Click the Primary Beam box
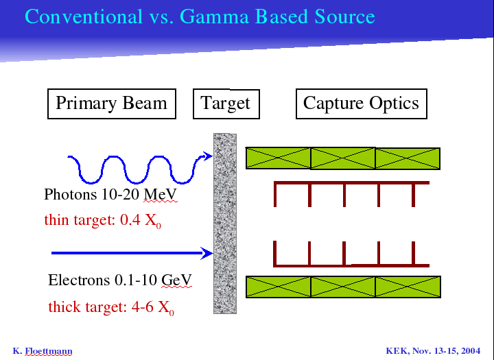tap(112, 104)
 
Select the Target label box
tap(226, 104)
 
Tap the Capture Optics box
tap(362, 104)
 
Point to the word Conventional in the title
tap(84, 16)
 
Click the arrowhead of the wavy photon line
tap(208, 156)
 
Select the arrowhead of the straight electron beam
tap(207, 253)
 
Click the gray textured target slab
tap(225, 224)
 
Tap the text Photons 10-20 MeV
tap(110, 194)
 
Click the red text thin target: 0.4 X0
tap(103, 220)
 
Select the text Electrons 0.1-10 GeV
tap(119, 280)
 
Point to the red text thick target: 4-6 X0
tap(111, 307)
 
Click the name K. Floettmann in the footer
tap(43, 351)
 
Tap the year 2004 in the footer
tap(470, 351)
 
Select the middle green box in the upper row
tap(343, 158)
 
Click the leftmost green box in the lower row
tap(278, 287)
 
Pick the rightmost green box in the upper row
tap(408, 158)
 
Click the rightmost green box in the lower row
tap(408, 287)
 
